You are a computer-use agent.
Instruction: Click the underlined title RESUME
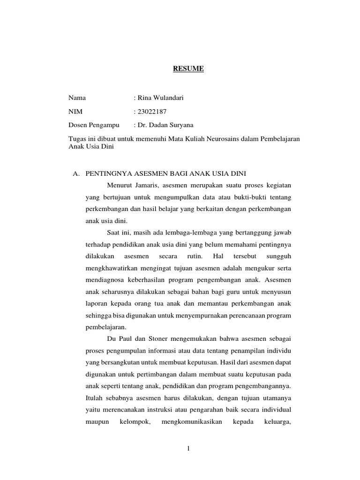click(x=188, y=69)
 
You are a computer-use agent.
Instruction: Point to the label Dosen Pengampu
click(x=94, y=125)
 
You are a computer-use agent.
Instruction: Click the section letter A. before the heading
click(x=75, y=173)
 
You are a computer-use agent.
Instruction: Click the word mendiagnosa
click(x=105, y=281)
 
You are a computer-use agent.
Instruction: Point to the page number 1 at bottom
click(x=188, y=449)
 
